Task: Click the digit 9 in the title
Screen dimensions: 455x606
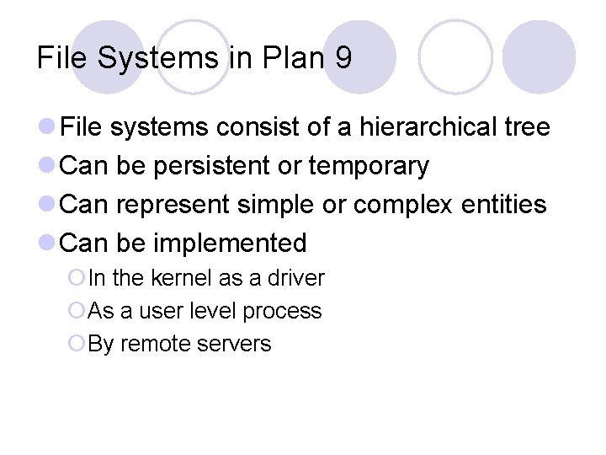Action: (343, 58)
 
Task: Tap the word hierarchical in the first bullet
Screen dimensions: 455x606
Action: (429, 127)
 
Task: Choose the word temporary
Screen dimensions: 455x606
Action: (369, 167)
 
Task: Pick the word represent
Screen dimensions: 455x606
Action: (172, 205)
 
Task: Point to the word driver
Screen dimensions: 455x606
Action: (298, 278)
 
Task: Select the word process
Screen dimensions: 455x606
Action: (282, 311)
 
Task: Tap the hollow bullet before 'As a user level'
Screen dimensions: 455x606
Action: (77, 311)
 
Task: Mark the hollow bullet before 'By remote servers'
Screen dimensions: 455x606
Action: (77, 344)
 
